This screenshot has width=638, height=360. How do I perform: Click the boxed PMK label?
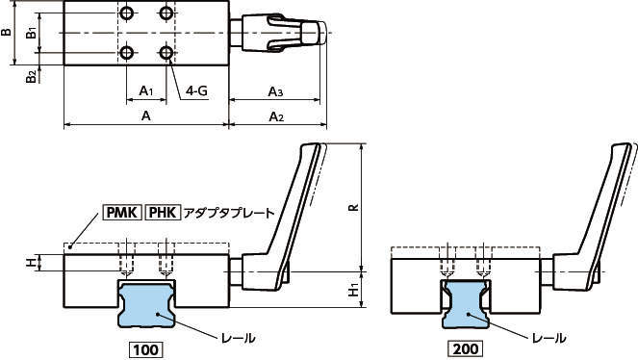(x=122, y=213)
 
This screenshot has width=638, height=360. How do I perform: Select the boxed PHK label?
(x=163, y=213)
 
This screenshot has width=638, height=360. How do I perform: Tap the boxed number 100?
(x=146, y=349)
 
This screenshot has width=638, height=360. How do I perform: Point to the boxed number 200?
(x=466, y=348)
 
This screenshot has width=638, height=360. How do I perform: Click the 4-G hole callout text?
(x=196, y=90)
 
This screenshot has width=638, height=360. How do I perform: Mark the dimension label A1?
(x=146, y=90)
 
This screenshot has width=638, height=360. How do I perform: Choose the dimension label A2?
(x=276, y=116)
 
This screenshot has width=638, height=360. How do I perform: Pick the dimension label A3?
(x=275, y=91)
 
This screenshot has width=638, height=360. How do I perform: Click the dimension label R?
(x=354, y=207)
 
